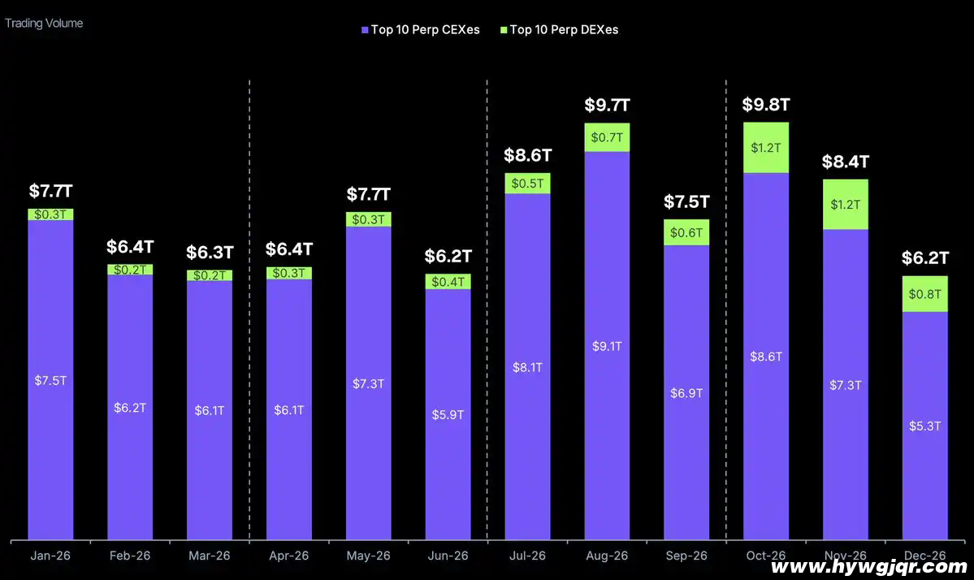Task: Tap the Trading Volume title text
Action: coord(44,24)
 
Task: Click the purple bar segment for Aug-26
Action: coord(607,268)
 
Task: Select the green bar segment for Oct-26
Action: coord(766,148)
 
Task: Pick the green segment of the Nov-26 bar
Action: coord(846,205)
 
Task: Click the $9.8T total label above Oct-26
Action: coord(766,105)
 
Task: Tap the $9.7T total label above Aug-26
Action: coord(607,106)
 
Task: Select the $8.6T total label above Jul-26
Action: coord(527,155)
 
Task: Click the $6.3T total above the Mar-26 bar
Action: coord(209,252)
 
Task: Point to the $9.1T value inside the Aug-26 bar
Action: coord(607,346)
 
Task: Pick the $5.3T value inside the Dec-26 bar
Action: coord(924,426)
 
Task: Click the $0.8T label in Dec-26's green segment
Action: coord(924,294)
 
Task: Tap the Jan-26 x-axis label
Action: coord(50,556)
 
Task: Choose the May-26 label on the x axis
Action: coord(368,556)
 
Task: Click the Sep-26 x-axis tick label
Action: coord(686,556)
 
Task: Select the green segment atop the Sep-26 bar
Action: coord(686,232)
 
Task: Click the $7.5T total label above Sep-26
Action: coord(686,201)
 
